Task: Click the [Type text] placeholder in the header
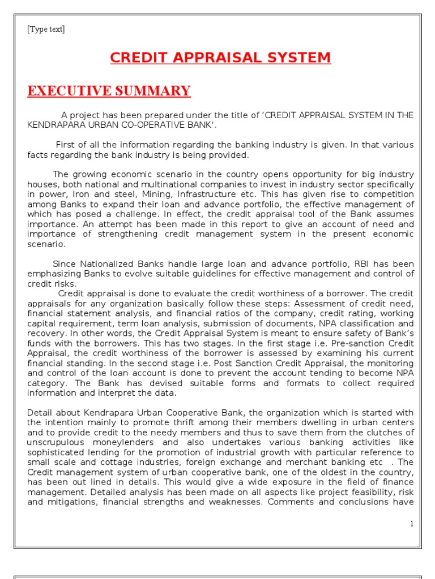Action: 46,29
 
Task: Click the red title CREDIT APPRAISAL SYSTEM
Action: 220,57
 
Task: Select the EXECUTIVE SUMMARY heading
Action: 109,90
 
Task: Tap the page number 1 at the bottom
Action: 412,524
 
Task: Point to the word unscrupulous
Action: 55,443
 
